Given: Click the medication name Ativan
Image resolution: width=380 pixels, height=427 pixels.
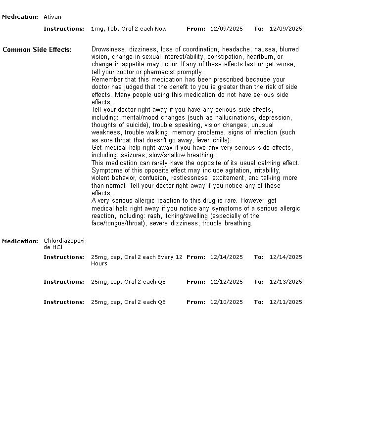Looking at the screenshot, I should (52, 17).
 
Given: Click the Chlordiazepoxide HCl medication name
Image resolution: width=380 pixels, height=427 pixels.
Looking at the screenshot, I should (64, 244).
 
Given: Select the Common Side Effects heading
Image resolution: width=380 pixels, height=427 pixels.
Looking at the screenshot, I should (37, 49).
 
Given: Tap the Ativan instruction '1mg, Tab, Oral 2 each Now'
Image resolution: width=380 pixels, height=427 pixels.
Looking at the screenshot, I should (129, 29).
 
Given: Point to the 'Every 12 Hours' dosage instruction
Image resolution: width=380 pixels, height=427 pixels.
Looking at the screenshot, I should (137, 260).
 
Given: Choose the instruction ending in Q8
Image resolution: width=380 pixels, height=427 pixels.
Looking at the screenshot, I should (128, 282).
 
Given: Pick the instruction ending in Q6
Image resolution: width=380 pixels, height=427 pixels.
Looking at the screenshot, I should (128, 302).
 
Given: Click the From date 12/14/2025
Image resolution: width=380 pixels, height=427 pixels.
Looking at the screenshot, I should (226, 257).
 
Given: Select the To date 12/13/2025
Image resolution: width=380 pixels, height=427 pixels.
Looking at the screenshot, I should (285, 282).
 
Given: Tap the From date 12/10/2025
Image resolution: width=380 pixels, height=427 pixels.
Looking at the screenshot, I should (226, 302).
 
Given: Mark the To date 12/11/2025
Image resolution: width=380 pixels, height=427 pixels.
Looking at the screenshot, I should (285, 302).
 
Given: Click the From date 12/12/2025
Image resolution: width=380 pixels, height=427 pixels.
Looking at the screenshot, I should (226, 282).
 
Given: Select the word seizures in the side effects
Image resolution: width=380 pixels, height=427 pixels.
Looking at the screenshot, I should (133, 155).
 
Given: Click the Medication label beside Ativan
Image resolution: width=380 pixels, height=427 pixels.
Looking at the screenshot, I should (20, 17).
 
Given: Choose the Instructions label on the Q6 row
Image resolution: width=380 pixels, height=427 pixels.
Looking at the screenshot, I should (64, 302).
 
